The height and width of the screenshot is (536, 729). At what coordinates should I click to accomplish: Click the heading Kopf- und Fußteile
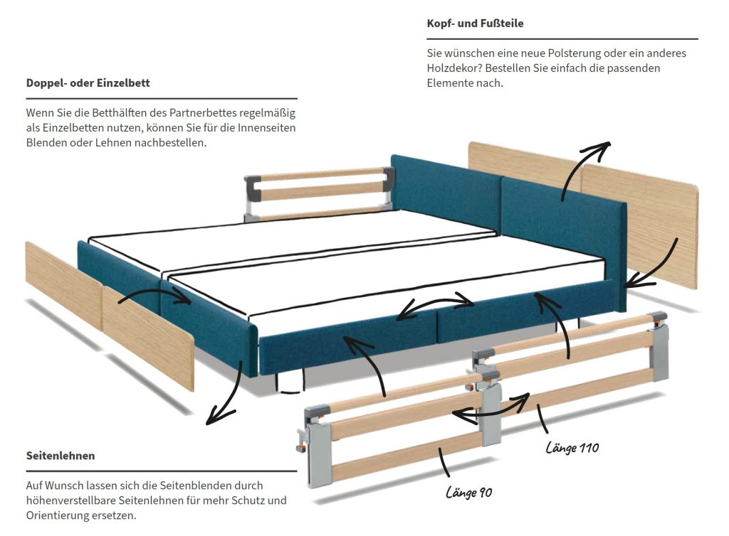click(475, 23)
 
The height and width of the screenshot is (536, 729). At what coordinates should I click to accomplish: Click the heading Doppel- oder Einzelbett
click(88, 83)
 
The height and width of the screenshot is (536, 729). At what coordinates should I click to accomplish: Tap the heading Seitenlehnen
click(61, 455)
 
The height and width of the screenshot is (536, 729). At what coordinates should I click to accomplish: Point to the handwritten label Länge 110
click(572, 448)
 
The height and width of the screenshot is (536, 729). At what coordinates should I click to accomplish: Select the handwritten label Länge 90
click(469, 492)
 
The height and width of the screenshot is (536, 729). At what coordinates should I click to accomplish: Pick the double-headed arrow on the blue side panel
click(435, 307)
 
